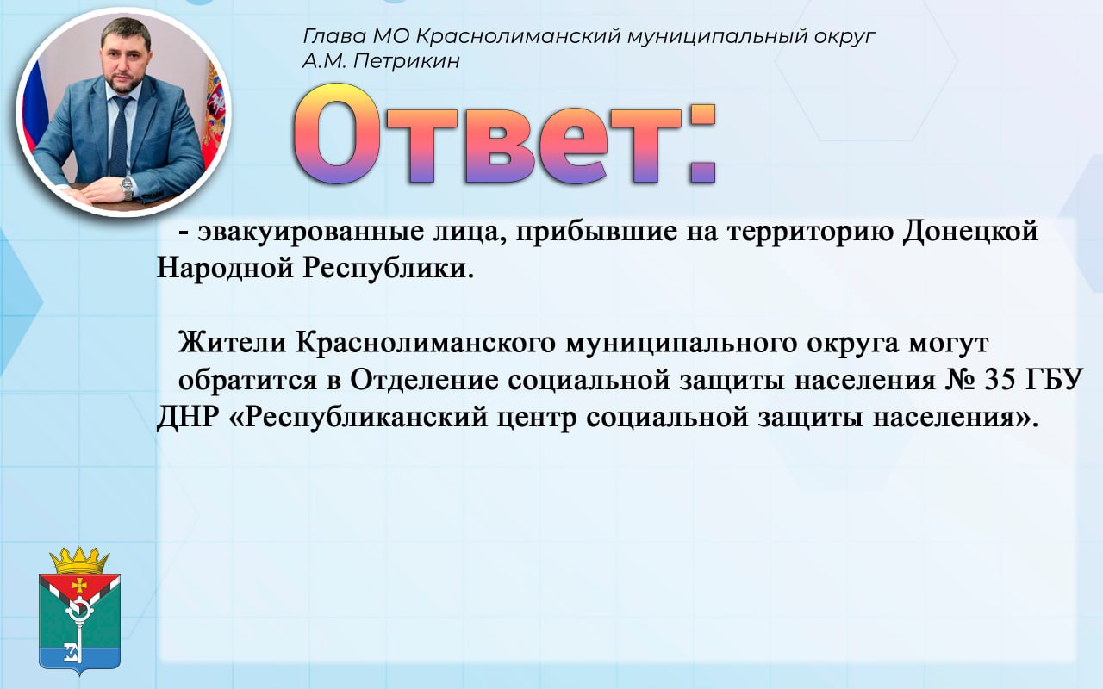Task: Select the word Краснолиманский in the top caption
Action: pos(518,36)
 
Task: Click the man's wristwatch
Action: pos(128,188)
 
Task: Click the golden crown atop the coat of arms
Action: pos(79,561)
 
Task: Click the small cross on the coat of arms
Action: pos(78,585)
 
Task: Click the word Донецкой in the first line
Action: pos(970,232)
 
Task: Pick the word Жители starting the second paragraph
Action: pos(232,343)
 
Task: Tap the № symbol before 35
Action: pos(960,380)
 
